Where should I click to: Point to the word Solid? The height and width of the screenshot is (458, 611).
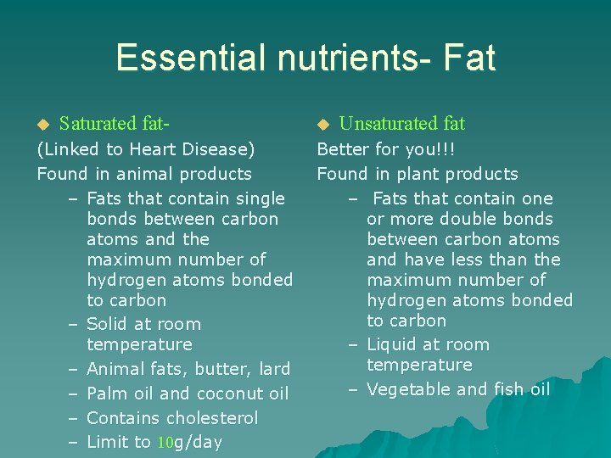(109, 324)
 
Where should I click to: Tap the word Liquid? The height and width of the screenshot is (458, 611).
(393, 344)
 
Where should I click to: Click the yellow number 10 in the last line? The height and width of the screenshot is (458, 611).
(164, 443)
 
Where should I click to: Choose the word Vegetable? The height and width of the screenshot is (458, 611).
(408, 389)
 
